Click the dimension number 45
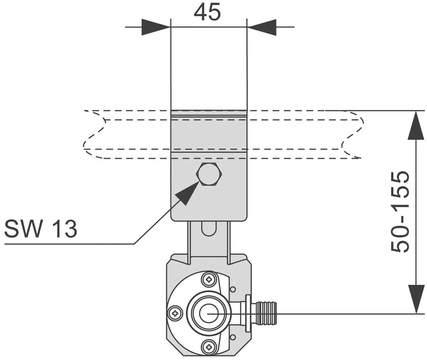tap(207, 12)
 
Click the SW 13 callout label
tap(41, 229)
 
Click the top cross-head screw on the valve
tap(209, 279)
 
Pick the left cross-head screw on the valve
tap(175, 313)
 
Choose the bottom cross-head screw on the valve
tap(209, 347)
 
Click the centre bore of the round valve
tap(209, 313)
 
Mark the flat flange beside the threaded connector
tap(248, 313)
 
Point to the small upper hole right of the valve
tap(233, 290)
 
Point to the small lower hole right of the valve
tap(233, 336)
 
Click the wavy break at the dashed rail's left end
tap(93, 135)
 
